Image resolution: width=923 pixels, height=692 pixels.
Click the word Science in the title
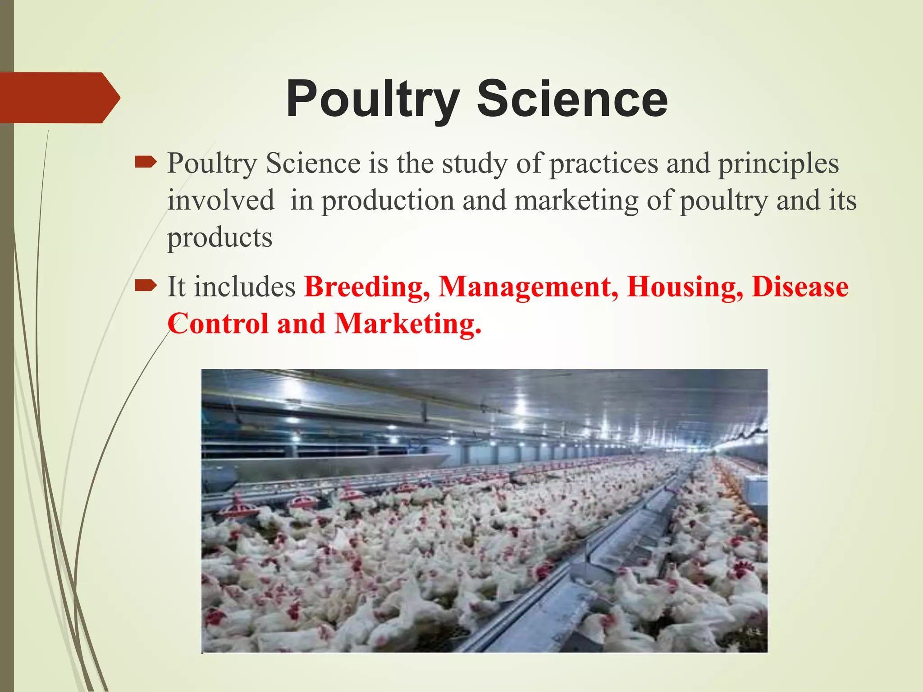(572, 99)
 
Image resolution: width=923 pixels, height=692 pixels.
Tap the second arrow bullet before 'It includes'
(146, 285)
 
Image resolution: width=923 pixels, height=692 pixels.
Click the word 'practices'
(603, 163)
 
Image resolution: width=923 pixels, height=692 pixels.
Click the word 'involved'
(221, 200)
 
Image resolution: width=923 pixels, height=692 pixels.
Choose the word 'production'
(388, 201)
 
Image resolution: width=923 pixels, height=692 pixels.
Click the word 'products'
(220, 238)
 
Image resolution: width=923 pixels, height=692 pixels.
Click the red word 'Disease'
(800, 287)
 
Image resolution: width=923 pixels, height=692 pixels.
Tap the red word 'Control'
(218, 323)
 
